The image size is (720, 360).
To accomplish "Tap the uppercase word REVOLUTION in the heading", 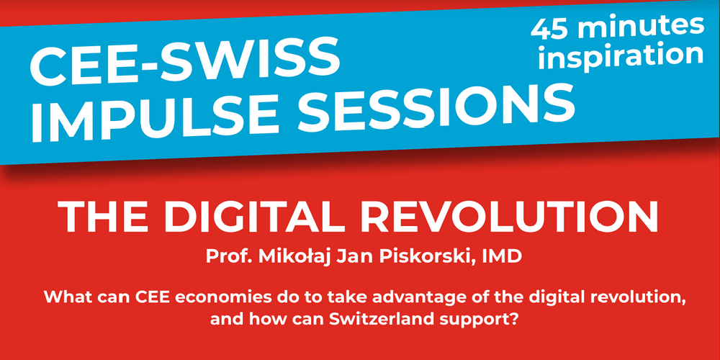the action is [x=520, y=217].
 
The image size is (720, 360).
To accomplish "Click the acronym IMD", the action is [x=506, y=256].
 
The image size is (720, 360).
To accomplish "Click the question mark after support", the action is [x=514, y=320].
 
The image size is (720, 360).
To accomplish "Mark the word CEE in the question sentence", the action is [x=137, y=297].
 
